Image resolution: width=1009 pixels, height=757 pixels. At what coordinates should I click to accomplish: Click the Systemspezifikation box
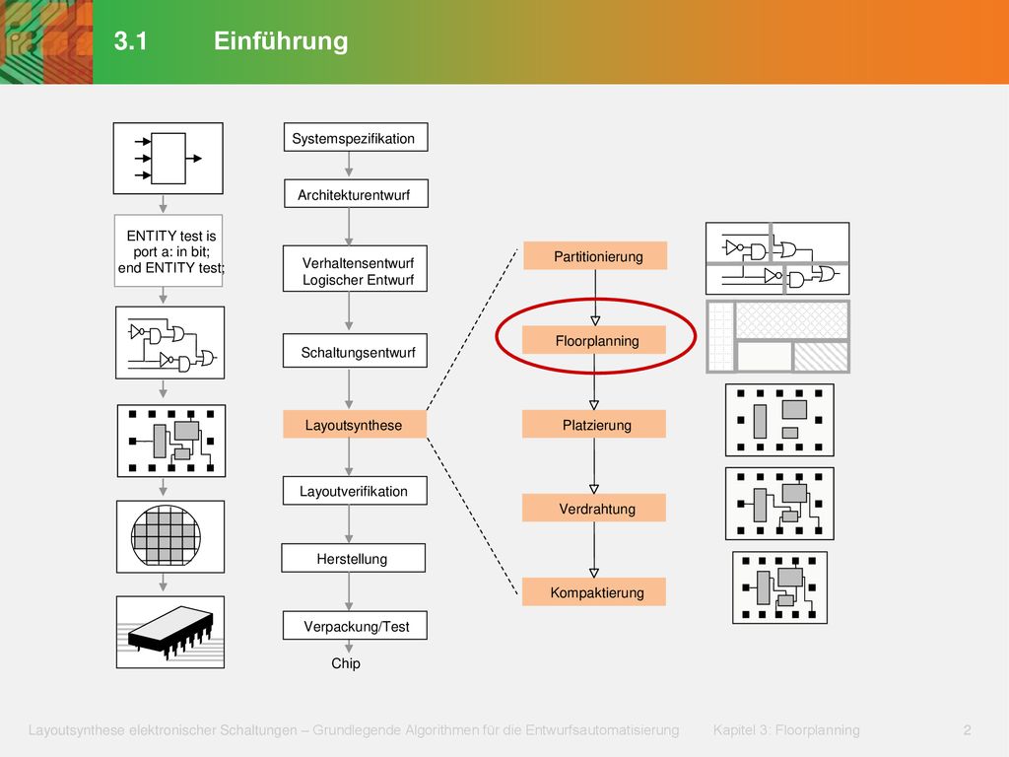356,137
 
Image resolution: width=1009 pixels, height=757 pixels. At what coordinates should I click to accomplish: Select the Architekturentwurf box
356,193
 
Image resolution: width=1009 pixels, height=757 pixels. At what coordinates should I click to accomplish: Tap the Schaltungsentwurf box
355,351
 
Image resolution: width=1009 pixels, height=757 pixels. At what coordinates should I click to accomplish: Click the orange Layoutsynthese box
355,424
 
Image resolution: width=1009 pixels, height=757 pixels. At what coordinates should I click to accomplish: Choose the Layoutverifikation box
355,491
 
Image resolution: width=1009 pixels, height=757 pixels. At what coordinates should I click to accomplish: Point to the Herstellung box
354,558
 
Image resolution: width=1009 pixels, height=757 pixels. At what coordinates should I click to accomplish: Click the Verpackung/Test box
355,625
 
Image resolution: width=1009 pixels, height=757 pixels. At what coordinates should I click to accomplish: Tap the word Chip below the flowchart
346,663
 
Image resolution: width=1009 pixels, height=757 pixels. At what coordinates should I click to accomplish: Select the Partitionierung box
595,255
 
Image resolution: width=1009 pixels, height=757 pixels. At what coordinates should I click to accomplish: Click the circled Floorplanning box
594,340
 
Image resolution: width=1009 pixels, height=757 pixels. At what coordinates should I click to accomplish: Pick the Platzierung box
594,424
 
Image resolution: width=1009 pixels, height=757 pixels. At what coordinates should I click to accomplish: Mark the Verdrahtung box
594,508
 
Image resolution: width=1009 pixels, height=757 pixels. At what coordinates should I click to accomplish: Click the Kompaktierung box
594,591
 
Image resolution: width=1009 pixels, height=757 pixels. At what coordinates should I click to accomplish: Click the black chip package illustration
170,632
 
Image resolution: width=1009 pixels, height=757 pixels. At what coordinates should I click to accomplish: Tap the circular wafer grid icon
166,535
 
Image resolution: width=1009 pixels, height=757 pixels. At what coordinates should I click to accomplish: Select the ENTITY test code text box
168,250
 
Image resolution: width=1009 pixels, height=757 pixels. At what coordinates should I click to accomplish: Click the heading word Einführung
281,40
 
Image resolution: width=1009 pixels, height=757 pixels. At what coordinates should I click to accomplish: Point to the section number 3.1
131,41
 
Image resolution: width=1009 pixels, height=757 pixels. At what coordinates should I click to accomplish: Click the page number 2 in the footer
968,730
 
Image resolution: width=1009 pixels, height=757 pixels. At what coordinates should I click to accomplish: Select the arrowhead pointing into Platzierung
594,405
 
